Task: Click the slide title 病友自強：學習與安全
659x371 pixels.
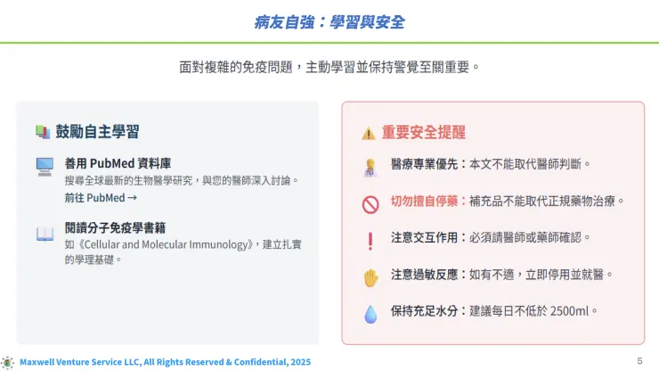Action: (x=329, y=21)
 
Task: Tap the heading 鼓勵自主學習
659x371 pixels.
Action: (x=97, y=131)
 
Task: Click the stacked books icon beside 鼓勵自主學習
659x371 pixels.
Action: (x=42, y=132)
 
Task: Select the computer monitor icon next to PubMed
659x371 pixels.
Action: (x=45, y=166)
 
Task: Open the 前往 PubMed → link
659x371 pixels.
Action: (x=100, y=197)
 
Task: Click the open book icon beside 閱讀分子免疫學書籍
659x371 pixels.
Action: (x=45, y=234)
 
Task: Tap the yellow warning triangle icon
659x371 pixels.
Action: (x=368, y=133)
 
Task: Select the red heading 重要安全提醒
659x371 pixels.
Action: (x=424, y=132)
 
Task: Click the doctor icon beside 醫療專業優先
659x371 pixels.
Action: (x=370, y=166)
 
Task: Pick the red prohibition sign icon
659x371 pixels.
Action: (x=370, y=203)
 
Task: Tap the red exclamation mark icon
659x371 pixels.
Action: (x=370, y=240)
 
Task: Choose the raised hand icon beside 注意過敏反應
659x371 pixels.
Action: (x=370, y=276)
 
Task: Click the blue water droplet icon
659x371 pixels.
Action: (x=370, y=313)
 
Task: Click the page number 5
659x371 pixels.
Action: (x=639, y=360)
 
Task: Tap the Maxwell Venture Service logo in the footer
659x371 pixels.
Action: (x=8, y=362)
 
